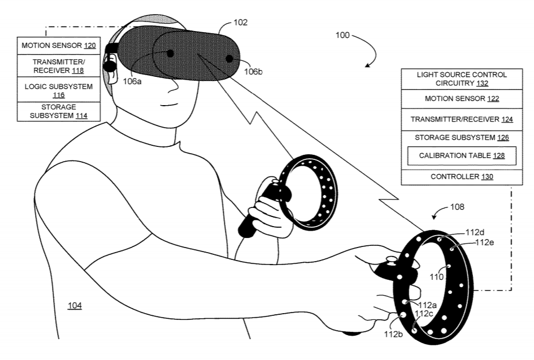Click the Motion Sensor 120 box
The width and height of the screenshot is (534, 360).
click(x=59, y=46)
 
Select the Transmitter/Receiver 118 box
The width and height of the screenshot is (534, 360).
click(x=59, y=66)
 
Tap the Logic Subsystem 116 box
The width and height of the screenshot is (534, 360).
click(x=59, y=90)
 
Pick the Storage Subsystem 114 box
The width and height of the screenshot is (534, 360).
click(x=59, y=111)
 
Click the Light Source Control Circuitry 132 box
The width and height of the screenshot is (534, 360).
click(x=462, y=79)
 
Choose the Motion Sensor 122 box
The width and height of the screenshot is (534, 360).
click(x=462, y=99)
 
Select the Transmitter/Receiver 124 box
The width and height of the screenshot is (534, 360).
click(x=462, y=120)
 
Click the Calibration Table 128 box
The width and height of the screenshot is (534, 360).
click(x=462, y=155)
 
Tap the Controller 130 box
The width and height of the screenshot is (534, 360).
click(x=462, y=177)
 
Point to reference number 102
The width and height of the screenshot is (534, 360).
click(x=240, y=23)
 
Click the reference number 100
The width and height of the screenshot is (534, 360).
click(x=342, y=36)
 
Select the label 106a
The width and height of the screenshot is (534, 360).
click(x=132, y=82)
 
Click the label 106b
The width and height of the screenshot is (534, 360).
click(x=253, y=72)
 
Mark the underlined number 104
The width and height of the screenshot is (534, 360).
click(x=75, y=306)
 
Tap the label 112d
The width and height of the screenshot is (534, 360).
click(x=475, y=232)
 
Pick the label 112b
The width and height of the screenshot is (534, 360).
click(x=393, y=335)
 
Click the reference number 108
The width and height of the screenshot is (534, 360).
click(x=457, y=207)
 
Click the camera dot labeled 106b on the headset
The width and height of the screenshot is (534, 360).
click(x=229, y=59)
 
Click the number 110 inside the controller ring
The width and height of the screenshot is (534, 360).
click(x=437, y=277)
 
